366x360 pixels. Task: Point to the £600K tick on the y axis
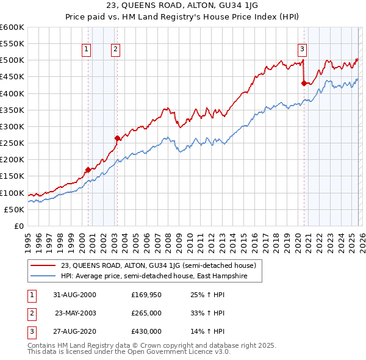12,27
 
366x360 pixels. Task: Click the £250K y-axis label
12,143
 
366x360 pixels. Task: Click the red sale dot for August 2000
88,170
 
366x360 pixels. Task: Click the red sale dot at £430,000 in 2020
304,83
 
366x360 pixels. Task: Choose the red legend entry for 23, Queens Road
162,265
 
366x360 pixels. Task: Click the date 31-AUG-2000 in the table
74,295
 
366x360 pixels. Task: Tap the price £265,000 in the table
146,313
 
